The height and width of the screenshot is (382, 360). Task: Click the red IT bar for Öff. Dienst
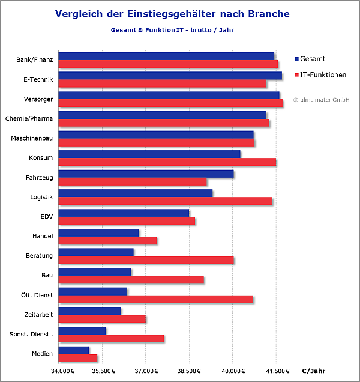pos(156,299)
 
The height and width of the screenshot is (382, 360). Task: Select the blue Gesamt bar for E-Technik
pos(170,76)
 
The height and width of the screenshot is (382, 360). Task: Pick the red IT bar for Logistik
pos(166,201)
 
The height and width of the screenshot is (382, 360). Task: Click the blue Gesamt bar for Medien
pos(74,350)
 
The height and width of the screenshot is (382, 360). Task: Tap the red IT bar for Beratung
pos(146,260)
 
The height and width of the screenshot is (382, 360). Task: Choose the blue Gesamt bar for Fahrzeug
pos(146,174)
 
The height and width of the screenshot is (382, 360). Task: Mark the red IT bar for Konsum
pos(167,162)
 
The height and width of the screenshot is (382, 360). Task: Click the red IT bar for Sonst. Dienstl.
pos(111,339)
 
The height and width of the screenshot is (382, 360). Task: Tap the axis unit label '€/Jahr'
pos(314,370)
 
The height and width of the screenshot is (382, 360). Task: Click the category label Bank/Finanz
pos(35,59)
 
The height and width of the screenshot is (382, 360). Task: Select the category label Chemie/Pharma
pos(29,118)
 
